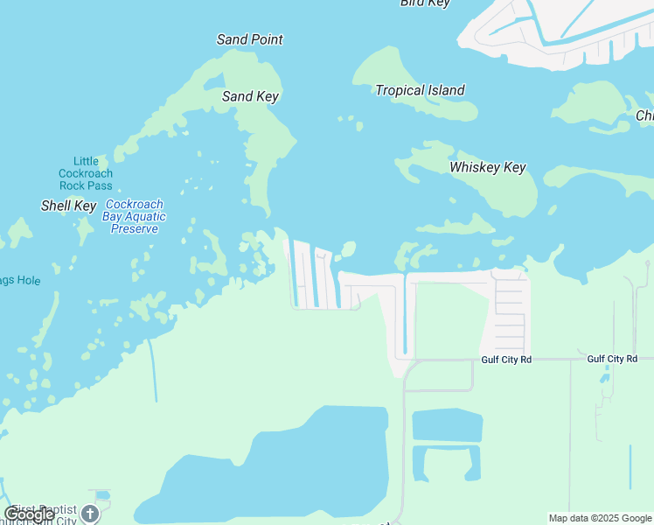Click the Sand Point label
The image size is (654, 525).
249,39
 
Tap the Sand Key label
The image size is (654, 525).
250,96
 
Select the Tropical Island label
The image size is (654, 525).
420,90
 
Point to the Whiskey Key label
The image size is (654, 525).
487,167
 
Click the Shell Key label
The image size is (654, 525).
68,206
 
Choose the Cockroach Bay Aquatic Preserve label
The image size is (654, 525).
135,216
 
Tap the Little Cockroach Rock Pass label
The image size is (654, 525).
86,173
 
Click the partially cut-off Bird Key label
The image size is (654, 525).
425,3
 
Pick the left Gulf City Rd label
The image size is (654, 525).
506,360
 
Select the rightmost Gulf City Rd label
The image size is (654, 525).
612,359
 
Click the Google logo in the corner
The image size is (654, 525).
29,514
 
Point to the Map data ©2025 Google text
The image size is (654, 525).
600,518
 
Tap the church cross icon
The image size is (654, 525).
90,514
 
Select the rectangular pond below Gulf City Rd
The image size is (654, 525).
447,426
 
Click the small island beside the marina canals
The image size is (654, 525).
348,249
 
